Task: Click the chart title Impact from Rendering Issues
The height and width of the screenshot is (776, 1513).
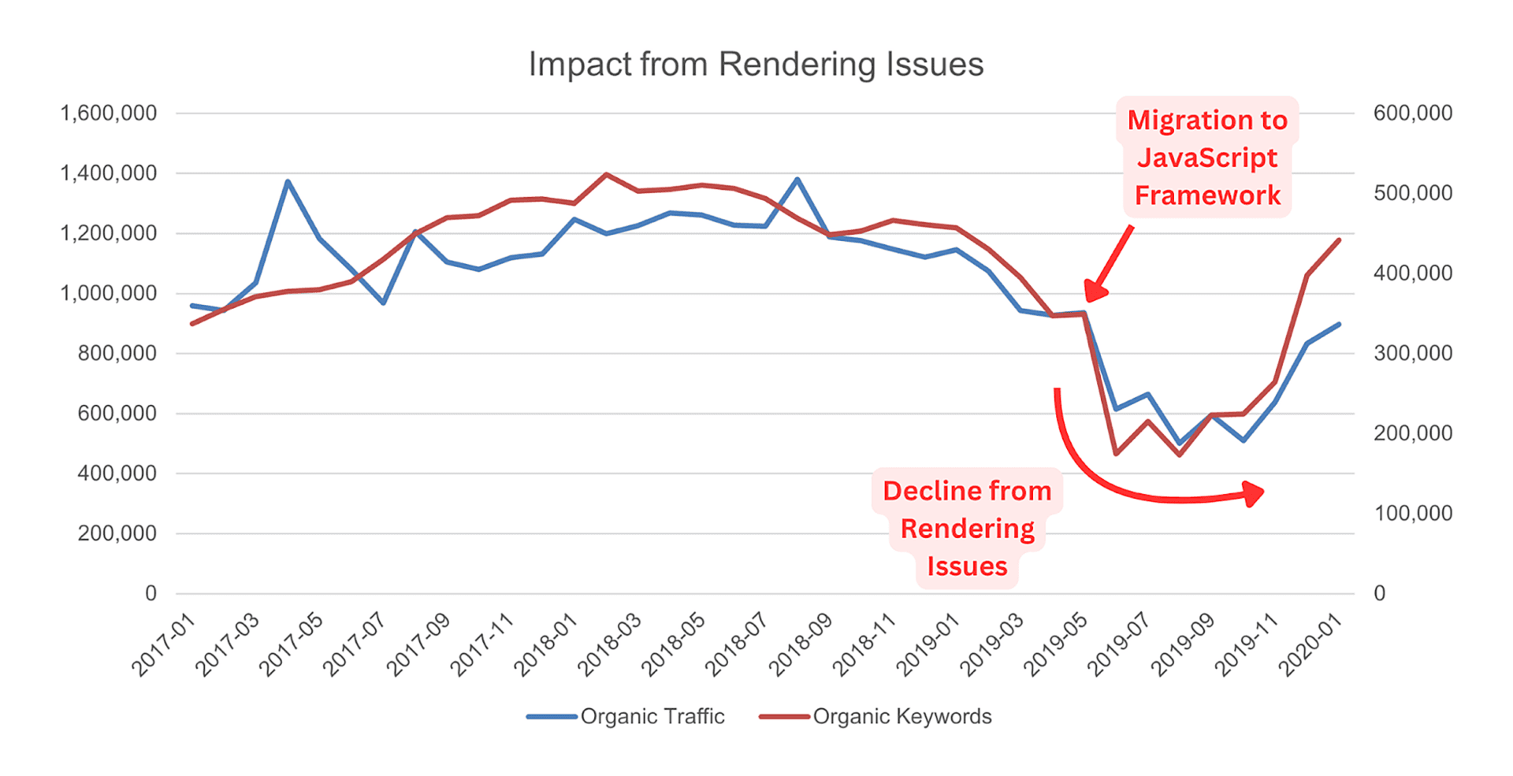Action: click(756, 65)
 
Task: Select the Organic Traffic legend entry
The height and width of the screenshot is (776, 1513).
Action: click(652, 716)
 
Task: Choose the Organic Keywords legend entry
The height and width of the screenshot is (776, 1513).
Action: click(901, 716)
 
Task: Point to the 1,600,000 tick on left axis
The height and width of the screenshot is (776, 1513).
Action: click(109, 113)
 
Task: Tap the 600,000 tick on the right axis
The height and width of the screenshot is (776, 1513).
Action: click(1412, 113)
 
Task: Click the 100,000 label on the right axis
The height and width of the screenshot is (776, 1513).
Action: click(1412, 514)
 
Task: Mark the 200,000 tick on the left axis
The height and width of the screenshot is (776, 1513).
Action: click(117, 533)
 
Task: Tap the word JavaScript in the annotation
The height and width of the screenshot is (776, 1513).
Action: click(1206, 158)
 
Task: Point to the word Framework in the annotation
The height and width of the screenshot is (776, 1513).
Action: click(1206, 195)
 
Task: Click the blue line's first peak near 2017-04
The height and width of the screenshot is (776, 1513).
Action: click(288, 181)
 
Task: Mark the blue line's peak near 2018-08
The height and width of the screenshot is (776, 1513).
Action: click(797, 180)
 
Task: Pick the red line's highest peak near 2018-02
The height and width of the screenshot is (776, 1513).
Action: click(605, 174)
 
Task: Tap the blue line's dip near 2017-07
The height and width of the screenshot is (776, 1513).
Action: click(384, 303)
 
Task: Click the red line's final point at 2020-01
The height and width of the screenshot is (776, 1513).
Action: click(1340, 239)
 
